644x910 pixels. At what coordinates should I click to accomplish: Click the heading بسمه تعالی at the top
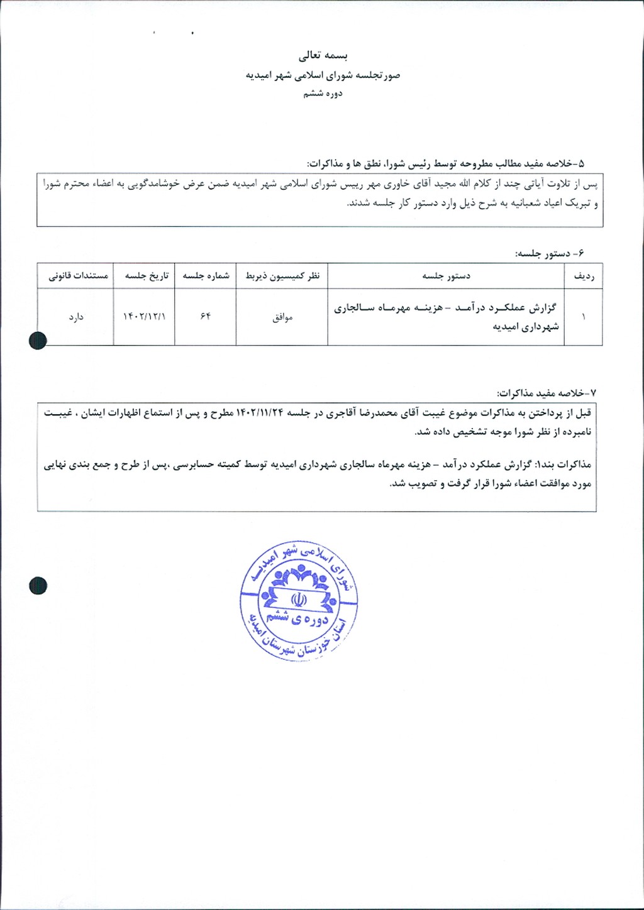pyautogui.click(x=322, y=56)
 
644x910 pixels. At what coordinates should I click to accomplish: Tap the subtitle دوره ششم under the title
pyautogui.click(x=323, y=94)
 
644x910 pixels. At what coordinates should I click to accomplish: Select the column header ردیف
pyautogui.click(x=584, y=276)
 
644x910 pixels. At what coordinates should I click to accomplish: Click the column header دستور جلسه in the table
pyautogui.click(x=446, y=276)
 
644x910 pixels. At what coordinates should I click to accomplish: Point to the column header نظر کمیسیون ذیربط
pyautogui.click(x=282, y=276)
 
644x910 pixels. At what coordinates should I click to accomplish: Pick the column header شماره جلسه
pyautogui.click(x=206, y=276)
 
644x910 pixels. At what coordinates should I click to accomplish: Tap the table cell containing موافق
pyautogui.click(x=282, y=317)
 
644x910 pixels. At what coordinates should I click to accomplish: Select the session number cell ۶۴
pyautogui.click(x=206, y=316)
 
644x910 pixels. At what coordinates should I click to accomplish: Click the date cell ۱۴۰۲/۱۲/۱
pyautogui.click(x=145, y=317)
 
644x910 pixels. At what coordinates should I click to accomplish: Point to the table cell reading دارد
pyautogui.click(x=76, y=317)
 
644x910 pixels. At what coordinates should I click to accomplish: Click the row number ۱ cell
pyautogui.click(x=584, y=317)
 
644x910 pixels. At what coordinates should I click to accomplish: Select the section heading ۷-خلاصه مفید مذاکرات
pyautogui.click(x=546, y=393)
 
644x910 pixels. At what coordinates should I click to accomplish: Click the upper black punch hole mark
pyautogui.click(x=38, y=340)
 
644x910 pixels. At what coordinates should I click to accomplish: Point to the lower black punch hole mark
pyautogui.click(x=38, y=586)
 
